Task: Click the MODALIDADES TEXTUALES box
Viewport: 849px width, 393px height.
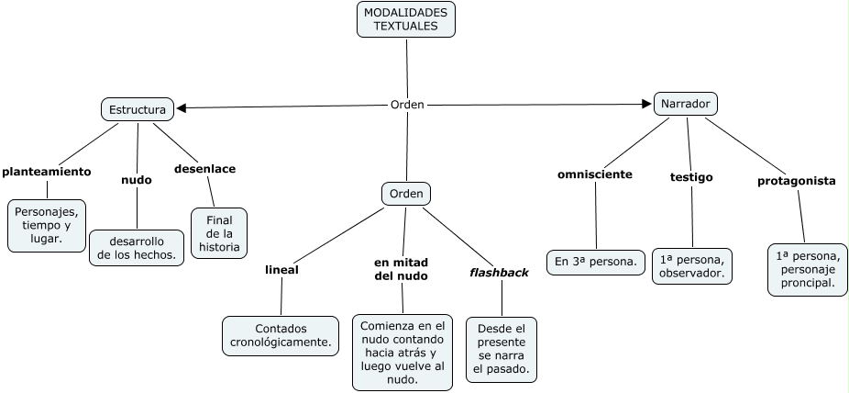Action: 406,19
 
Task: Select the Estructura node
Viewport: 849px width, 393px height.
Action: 138,109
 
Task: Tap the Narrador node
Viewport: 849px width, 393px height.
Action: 685,104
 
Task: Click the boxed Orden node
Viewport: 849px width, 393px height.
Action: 406,194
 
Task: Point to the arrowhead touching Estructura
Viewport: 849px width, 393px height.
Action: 182,108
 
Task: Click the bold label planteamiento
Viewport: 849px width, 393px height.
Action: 47,171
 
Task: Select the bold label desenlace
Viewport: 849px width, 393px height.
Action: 204,169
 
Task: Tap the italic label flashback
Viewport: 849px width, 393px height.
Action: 499,272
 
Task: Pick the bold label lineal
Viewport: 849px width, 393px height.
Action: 281,270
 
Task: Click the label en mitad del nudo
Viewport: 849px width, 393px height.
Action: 402,269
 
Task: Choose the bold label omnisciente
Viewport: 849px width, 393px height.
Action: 594,174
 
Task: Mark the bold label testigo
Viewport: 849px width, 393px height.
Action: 691,177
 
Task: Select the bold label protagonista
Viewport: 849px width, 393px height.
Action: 796,181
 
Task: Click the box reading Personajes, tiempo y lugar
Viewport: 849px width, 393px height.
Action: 47,225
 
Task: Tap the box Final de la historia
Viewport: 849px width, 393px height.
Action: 219,233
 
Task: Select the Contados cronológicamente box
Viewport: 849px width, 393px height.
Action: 281,335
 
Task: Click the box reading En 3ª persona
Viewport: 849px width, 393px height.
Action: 595,262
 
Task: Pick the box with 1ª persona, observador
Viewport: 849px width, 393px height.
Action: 692,265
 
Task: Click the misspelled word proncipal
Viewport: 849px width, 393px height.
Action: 807,283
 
